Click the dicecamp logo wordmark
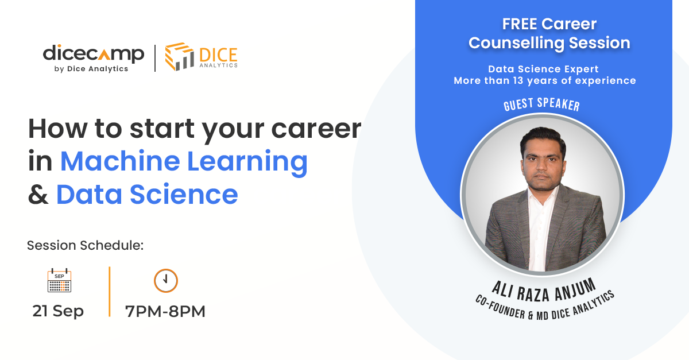[93, 54]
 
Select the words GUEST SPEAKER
[541, 105]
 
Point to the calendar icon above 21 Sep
[59, 281]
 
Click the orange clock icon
[165, 280]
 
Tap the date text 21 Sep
[58, 311]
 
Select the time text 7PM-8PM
[165, 312]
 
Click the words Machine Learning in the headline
[184, 161]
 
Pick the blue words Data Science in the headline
[147, 195]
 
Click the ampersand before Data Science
[38, 195]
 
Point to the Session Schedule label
[85, 246]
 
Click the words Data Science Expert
[543, 69]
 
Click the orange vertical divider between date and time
[109, 292]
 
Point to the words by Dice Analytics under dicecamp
[86, 69]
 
